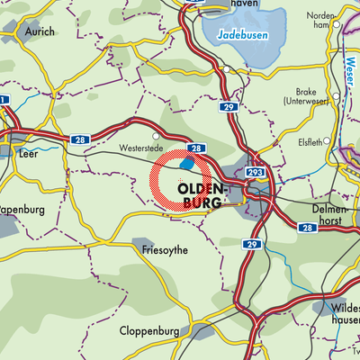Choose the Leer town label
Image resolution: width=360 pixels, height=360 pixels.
(27, 153)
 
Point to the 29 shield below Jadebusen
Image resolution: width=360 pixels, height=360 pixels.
(227, 106)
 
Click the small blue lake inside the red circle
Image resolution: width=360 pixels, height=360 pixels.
(187, 164)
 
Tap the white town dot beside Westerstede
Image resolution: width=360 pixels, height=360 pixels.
(155, 137)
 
